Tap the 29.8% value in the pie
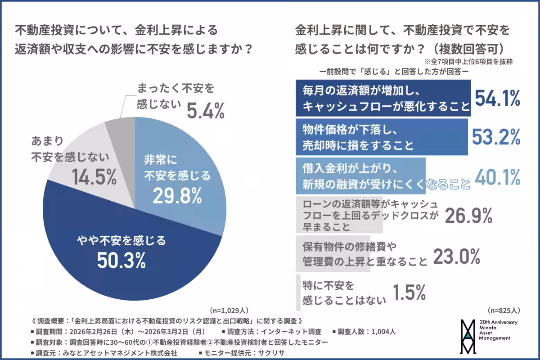pyautogui.click(x=177, y=195)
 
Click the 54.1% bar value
pyautogui.click(x=498, y=98)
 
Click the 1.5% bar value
pyautogui.click(x=409, y=293)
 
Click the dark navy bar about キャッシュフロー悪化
pyautogui.click(x=382, y=98)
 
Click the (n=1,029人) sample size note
pyautogui.click(x=229, y=310)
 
